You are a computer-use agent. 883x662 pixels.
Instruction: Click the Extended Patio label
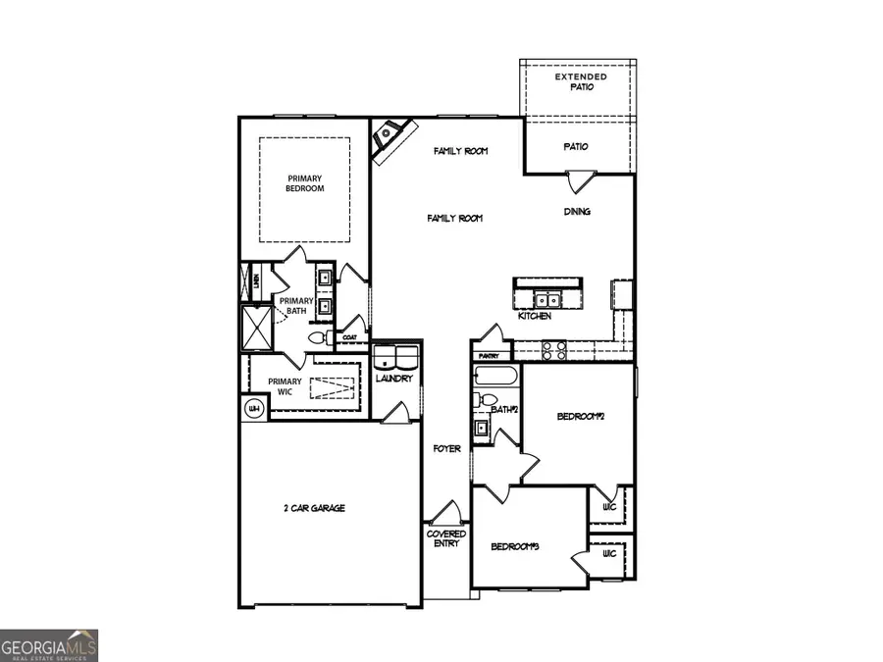580,81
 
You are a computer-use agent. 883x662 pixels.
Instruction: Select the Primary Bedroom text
305,183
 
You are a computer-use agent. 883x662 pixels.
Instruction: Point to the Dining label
577,211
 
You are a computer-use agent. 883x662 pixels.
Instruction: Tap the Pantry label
491,356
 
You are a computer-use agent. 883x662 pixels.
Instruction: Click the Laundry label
395,378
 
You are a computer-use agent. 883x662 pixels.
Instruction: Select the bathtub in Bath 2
495,377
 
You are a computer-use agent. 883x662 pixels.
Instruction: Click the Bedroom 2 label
578,417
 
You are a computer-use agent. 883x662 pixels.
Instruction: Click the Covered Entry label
446,538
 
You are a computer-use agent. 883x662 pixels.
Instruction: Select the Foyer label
447,449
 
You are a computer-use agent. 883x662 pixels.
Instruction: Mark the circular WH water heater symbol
254,408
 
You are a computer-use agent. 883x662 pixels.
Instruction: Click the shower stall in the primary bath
258,328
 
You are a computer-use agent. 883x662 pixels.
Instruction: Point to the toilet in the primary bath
318,336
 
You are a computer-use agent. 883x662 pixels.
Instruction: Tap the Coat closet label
349,337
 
